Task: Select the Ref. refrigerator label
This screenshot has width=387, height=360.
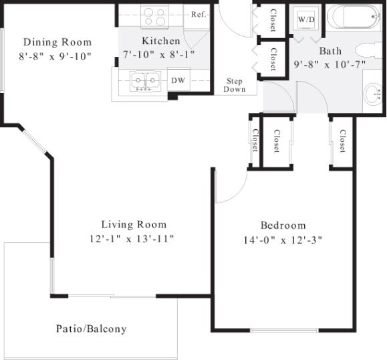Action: (198, 14)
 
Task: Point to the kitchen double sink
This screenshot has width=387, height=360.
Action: (145, 81)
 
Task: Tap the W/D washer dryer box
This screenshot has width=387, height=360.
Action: (307, 19)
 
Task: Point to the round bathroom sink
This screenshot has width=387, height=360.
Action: (374, 94)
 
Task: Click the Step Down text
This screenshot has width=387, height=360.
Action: (235, 85)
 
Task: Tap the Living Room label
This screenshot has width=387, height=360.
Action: (134, 224)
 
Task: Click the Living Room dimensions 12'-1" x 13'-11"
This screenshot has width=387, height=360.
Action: (134, 238)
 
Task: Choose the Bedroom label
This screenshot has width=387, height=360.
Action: (283, 225)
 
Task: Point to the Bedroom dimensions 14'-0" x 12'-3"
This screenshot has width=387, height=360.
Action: (283, 240)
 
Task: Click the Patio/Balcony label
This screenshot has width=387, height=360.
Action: (91, 329)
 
